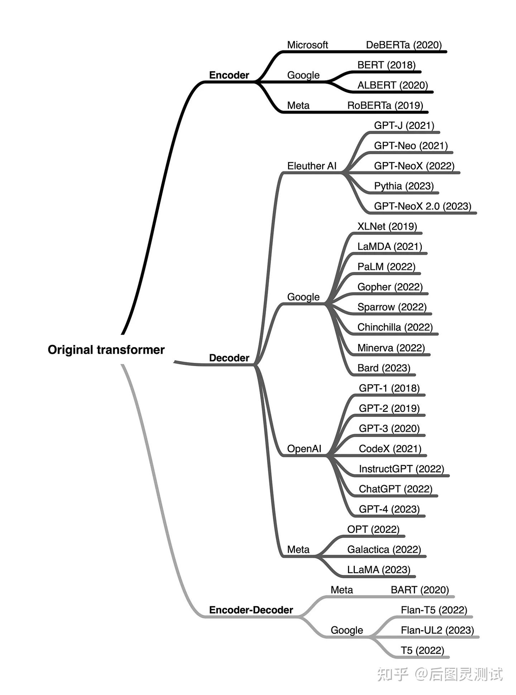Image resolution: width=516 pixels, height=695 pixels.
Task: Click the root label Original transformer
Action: click(106, 350)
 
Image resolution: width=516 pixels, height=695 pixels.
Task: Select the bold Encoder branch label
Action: click(229, 75)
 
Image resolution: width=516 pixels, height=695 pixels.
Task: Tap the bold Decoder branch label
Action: click(229, 358)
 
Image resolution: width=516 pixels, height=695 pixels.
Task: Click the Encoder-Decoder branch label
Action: click(251, 610)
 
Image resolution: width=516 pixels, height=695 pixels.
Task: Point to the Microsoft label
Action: click(307, 45)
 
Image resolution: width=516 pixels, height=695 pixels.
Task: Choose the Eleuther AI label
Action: click(312, 166)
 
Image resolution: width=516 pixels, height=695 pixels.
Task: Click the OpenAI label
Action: click(304, 449)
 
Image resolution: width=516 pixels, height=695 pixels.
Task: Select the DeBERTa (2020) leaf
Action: click(404, 45)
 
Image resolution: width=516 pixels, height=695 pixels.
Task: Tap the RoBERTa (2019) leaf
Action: click(385, 106)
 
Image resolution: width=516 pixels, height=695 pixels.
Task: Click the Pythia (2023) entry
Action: click(404, 186)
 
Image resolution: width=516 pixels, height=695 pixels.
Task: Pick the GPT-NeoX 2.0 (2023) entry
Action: click(422, 206)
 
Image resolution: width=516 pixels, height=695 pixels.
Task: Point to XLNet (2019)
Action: click(387, 227)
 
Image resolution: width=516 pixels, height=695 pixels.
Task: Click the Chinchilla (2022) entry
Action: click(395, 327)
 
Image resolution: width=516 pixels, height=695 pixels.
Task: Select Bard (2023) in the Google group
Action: click(384, 368)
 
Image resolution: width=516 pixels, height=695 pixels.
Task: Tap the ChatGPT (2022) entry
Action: click(396, 489)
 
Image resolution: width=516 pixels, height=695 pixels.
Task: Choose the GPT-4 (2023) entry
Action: click(389, 509)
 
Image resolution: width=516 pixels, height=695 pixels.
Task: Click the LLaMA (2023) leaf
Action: click(379, 569)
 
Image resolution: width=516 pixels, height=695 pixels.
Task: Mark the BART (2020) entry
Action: click(420, 590)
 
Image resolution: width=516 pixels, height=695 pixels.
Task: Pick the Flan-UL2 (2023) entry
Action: click(437, 630)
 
